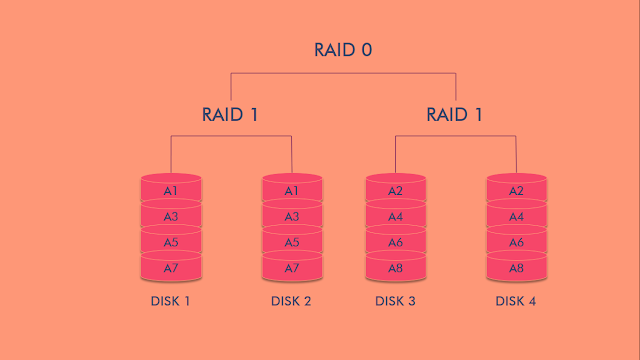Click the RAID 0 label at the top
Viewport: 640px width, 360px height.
[343, 50]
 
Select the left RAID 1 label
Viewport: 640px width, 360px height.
[230, 114]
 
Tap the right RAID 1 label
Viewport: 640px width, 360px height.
[455, 114]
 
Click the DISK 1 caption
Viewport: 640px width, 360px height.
[171, 301]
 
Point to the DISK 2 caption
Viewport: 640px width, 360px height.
[292, 301]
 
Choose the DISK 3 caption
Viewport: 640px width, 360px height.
[396, 301]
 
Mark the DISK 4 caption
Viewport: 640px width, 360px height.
[517, 301]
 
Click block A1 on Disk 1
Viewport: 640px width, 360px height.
[171, 191]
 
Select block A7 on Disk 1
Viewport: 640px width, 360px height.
[171, 268]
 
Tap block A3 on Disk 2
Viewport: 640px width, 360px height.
[292, 216]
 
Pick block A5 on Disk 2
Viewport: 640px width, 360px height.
[292, 242]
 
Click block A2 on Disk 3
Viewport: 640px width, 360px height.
[396, 191]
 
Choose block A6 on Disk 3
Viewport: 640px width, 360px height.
[396, 242]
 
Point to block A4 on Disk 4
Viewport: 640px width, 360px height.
[517, 216]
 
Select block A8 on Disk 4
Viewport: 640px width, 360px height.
[517, 268]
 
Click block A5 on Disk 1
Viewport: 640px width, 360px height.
[171, 242]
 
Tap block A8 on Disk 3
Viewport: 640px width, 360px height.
[396, 268]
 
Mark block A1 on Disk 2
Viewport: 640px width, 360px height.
[292, 191]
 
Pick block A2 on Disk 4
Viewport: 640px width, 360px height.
[517, 191]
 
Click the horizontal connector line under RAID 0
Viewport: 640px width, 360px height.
[343, 73]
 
